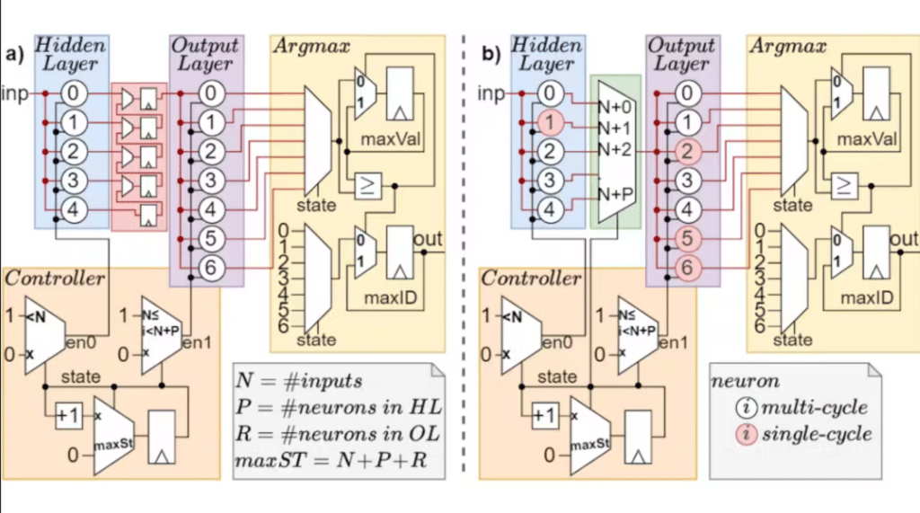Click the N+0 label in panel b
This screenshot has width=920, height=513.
[x=618, y=105]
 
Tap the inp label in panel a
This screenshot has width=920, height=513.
[x=15, y=93]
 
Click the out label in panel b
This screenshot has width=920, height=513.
[x=902, y=238]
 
